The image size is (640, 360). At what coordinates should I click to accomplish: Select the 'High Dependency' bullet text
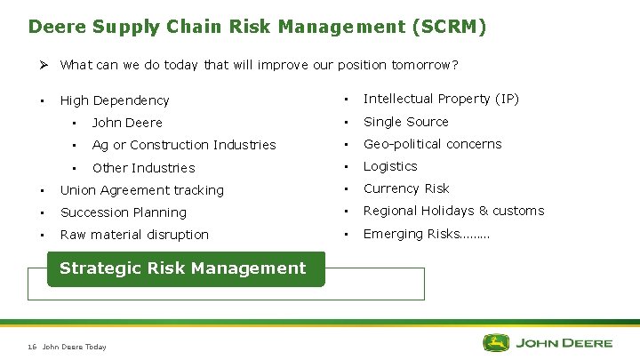coord(114,100)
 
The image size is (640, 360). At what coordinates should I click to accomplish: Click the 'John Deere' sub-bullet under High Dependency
coord(127,123)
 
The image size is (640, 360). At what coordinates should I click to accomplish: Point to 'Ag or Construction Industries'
coord(184,145)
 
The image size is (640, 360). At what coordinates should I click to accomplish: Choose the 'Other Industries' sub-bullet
coord(143,168)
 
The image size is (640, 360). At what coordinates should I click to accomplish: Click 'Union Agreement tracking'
coord(141,190)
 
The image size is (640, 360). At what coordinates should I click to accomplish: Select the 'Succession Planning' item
coord(123,212)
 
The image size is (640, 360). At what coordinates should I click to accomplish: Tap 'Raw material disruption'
coord(134,235)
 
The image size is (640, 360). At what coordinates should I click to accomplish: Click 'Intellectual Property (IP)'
coord(441,99)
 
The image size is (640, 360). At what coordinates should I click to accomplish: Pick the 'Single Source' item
coord(406,122)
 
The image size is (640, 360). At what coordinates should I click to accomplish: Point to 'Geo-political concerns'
coord(432,144)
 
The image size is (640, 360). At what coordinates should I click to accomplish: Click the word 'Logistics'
coord(390,166)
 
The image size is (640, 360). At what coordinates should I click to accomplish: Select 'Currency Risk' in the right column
coord(406,188)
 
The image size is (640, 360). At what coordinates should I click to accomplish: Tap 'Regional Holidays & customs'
coord(453,211)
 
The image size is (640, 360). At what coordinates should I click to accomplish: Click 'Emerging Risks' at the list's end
coord(426,234)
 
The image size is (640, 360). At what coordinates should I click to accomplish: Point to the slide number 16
coord(32,347)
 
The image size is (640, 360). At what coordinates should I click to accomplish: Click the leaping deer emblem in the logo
coord(496,342)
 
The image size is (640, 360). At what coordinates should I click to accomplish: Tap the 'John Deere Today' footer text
coord(74,347)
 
